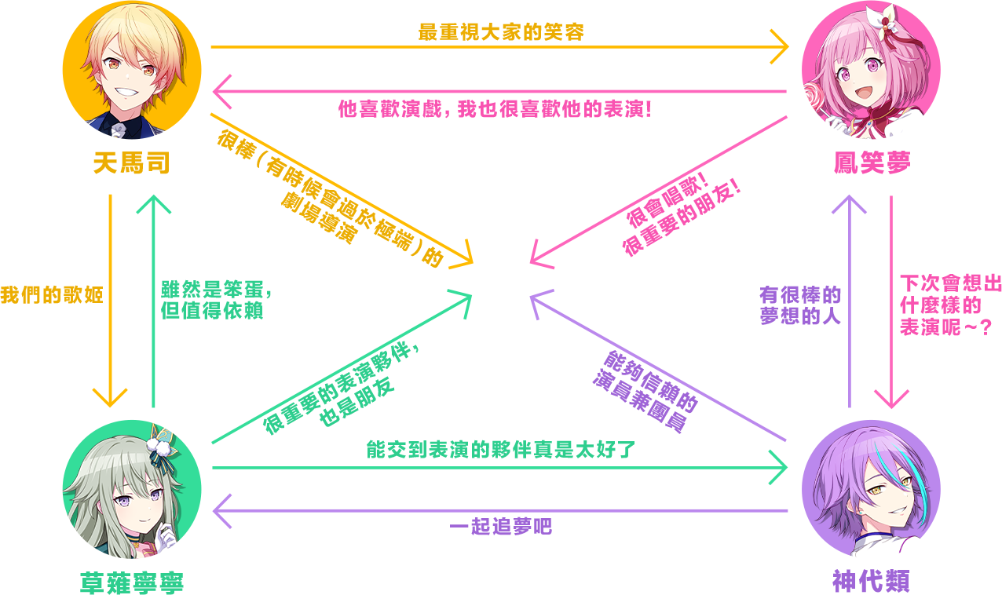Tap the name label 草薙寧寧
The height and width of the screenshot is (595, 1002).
pos(132,582)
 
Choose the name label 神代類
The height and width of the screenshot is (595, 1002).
pos(871,582)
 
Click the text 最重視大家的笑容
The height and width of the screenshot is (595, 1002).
pos(501,32)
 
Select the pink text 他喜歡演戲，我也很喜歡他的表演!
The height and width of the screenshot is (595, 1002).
pos(495,108)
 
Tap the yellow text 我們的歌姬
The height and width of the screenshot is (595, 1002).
pos(52,297)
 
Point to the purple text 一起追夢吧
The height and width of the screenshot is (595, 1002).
pos(501,527)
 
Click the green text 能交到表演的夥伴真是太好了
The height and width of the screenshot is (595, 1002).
pos(501,450)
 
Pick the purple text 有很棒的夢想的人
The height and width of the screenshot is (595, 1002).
pos(800,305)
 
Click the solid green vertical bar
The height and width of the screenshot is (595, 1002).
pos(154,301)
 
